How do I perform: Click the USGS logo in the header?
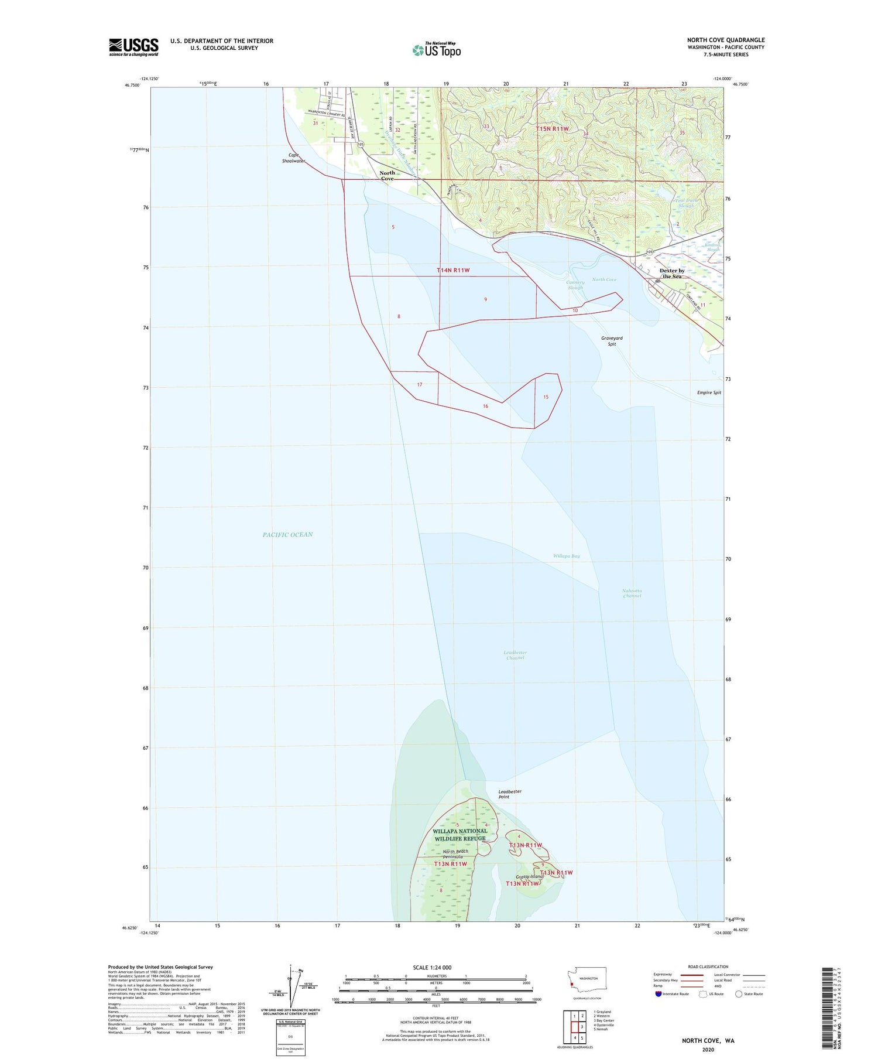click(133, 47)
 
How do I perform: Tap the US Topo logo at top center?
click(437, 50)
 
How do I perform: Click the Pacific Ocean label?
click(287, 534)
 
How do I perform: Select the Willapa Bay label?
click(566, 555)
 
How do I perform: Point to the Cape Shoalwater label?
click(294, 158)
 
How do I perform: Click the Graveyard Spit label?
click(612, 341)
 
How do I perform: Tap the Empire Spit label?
click(709, 392)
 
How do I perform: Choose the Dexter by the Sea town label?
click(671, 274)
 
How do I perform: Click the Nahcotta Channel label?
click(632, 593)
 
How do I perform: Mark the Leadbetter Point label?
click(509, 794)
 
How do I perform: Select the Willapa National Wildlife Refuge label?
click(459, 834)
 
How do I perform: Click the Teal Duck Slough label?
click(685, 203)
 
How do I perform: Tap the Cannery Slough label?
click(575, 285)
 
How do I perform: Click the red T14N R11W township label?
click(453, 270)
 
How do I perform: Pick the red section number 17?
click(420, 384)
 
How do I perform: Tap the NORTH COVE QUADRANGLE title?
click(725, 40)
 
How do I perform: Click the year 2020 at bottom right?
click(708, 1049)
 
